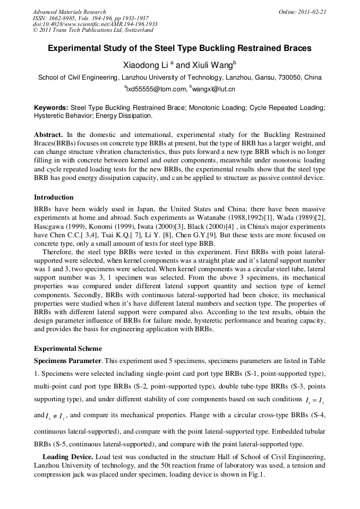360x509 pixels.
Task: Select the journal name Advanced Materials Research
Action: pos(69,12)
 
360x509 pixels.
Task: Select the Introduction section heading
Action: pos(54,197)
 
